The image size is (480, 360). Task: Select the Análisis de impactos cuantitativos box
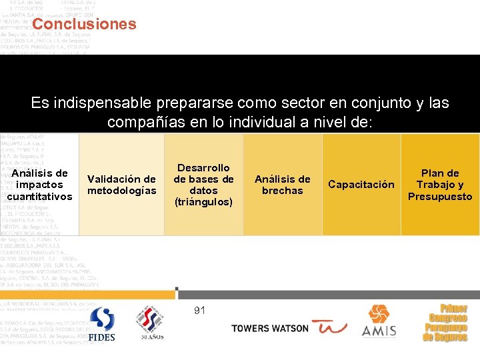tap(40, 185)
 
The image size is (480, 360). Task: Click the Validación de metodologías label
tap(122, 185)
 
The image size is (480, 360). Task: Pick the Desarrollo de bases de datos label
tap(203, 179)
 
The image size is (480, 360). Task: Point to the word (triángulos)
tap(203, 201)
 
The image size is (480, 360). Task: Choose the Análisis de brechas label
tap(283, 185)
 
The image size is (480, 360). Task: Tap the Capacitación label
tap(361, 185)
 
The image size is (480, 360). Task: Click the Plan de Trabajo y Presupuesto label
tap(440, 185)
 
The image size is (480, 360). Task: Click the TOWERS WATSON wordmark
tap(269, 328)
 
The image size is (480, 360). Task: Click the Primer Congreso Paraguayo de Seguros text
tap(445, 323)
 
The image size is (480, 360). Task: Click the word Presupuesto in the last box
tap(440, 197)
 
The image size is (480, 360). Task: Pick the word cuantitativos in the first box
tap(40, 196)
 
